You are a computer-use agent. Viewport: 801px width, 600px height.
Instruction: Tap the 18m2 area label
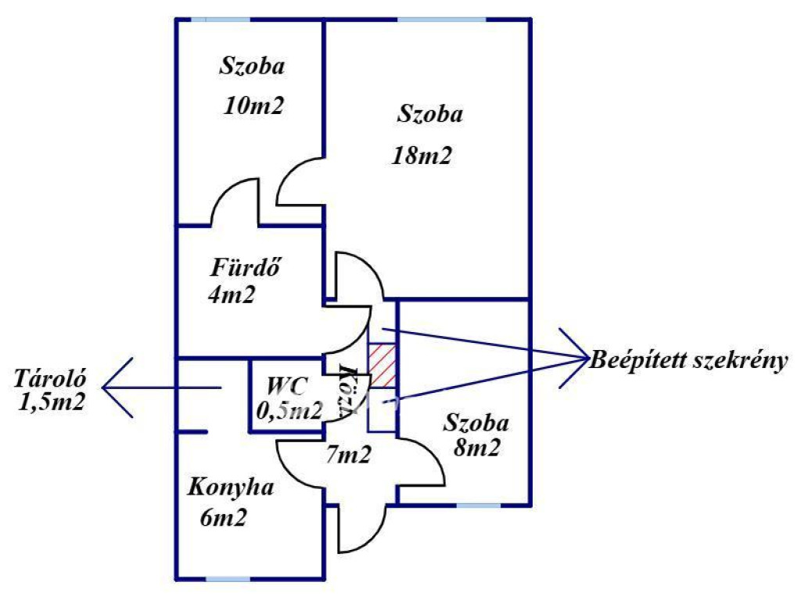point(422,155)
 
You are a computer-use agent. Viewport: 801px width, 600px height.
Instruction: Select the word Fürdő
point(246,268)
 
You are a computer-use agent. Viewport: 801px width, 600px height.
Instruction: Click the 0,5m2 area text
point(289,410)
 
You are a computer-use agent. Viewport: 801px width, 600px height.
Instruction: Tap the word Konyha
point(231,488)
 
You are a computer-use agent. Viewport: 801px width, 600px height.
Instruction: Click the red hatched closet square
point(383,364)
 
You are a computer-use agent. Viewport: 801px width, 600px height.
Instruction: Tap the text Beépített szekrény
point(688,362)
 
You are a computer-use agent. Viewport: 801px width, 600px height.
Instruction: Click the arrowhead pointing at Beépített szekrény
point(576,359)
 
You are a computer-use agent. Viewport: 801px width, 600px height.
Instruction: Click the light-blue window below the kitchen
point(228,578)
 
